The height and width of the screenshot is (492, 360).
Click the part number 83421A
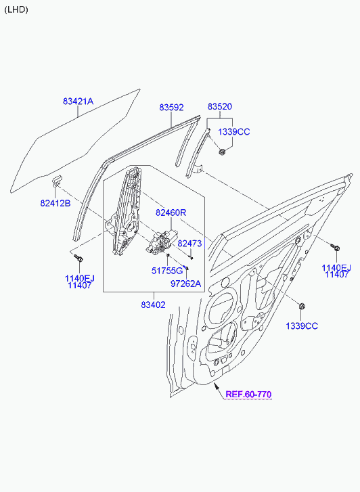pyautogui.click(x=78, y=102)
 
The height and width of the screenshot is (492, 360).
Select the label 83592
pyautogui.click(x=171, y=108)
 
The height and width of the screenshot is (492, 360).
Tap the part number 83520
pyautogui.click(x=220, y=106)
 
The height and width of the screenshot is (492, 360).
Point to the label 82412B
pyautogui.click(x=55, y=203)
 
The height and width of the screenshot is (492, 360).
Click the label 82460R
pyautogui.click(x=171, y=213)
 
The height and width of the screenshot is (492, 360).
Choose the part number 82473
pyautogui.click(x=189, y=244)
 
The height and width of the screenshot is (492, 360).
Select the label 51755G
pyautogui.click(x=167, y=271)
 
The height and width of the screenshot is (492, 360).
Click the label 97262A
pyautogui.click(x=185, y=284)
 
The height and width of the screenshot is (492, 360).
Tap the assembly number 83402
pyautogui.click(x=153, y=305)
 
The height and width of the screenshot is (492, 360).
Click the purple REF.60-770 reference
pyautogui.click(x=248, y=394)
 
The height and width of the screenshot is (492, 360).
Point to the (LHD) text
pyautogui.click(x=16, y=9)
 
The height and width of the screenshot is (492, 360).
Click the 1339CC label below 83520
pyautogui.click(x=234, y=132)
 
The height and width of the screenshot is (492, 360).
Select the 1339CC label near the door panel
pyautogui.click(x=302, y=326)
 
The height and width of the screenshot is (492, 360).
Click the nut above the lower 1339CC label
pyautogui.click(x=302, y=307)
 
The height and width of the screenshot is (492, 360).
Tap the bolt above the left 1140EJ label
pyautogui.click(x=78, y=258)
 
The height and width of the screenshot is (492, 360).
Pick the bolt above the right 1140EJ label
pyautogui.click(x=335, y=247)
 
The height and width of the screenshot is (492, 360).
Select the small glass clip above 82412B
pyautogui.click(x=57, y=180)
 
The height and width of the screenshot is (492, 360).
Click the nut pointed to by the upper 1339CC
pyautogui.click(x=222, y=152)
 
